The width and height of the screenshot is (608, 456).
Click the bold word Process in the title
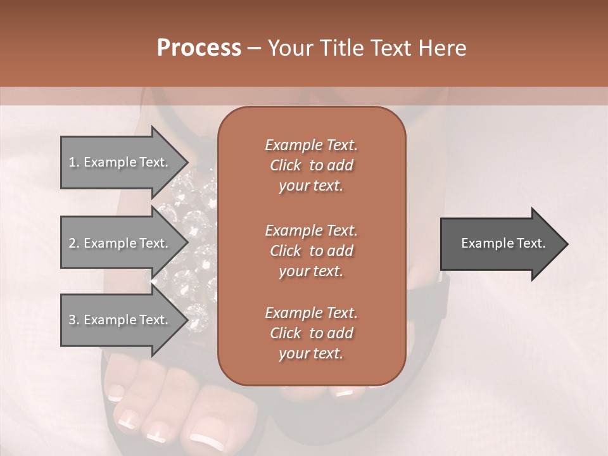pyautogui.click(x=199, y=48)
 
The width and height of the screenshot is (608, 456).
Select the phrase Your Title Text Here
pyautogui.click(x=367, y=48)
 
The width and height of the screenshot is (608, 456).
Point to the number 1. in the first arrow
pyautogui.click(x=74, y=162)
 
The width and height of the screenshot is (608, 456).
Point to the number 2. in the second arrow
pyautogui.click(x=74, y=243)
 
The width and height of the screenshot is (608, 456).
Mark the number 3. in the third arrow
pyautogui.click(x=74, y=320)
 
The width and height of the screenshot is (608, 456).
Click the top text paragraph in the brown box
pyautogui.click(x=311, y=165)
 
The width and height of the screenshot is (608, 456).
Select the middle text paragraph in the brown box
pyautogui.click(x=311, y=250)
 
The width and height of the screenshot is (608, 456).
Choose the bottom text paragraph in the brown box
pyautogui.click(x=311, y=333)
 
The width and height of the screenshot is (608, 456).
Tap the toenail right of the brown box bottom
pyautogui.click(x=344, y=393)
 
